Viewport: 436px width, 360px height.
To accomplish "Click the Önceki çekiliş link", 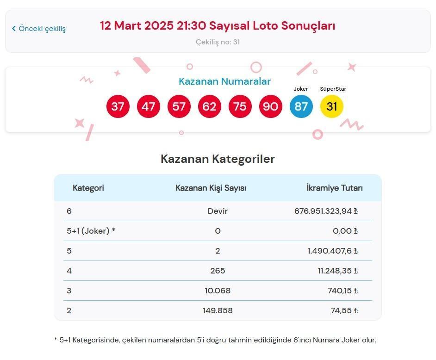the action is tap(39, 29).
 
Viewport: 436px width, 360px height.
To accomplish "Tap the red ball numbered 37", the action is tap(118, 107).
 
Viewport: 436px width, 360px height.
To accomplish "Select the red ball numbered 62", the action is tap(210, 107).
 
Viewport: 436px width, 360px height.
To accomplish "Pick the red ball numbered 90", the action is tap(271, 107).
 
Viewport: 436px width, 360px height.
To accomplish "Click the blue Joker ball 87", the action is tap(301, 107).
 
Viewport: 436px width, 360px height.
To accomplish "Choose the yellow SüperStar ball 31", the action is tap(332, 107).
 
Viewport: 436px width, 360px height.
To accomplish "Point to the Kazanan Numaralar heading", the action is tap(224, 81).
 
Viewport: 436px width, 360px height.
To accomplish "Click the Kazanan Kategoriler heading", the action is tap(218, 159).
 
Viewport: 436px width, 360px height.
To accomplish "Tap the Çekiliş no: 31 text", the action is tap(218, 42).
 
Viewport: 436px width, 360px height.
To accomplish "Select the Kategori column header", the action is tap(88, 188).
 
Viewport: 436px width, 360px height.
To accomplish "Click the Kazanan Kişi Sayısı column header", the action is tap(211, 188).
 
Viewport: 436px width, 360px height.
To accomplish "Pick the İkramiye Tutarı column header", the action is tap(335, 188).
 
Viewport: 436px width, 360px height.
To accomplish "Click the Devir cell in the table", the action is tap(218, 211).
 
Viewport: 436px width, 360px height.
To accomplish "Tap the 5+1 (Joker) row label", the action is tap(91, 231).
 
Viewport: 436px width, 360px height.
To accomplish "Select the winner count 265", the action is tap(218, 271).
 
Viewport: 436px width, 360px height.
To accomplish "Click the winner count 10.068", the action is tap(218, 291).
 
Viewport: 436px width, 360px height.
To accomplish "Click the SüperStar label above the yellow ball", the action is tap(333, 89).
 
